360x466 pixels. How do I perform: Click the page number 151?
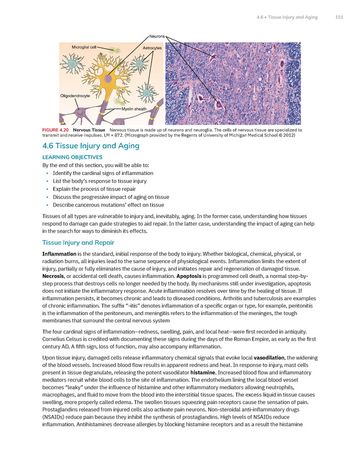point(339,17)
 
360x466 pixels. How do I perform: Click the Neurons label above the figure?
point(157,36)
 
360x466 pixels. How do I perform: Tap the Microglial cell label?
point(83,46)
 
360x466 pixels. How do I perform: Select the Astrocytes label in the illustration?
point(153,49)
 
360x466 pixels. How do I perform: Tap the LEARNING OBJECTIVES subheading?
point(73,157)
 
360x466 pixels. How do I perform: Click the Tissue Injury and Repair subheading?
point(82,242)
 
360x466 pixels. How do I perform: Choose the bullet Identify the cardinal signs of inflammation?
point(102,173)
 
